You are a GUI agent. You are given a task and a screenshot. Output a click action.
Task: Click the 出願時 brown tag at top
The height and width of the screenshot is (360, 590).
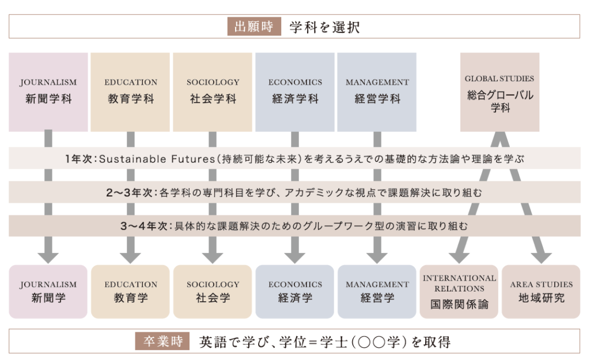tap(254, 26)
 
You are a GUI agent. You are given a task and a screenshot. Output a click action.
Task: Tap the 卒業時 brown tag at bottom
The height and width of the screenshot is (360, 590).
tap(162, 341)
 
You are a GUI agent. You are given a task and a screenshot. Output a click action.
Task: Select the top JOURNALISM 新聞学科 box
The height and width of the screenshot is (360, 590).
tap(48, 92)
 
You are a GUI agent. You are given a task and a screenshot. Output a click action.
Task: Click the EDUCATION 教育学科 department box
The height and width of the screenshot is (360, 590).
tap(130, 92)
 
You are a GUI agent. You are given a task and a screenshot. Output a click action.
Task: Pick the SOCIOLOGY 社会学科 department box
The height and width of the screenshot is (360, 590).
tap(213, 92)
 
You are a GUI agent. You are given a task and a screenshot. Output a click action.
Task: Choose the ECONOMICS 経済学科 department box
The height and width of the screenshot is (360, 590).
tap(295, 92)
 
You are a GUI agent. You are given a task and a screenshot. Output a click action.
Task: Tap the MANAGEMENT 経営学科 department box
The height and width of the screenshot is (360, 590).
tap(377, 92)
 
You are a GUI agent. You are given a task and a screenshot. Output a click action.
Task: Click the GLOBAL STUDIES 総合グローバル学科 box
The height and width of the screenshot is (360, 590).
tap(500, 92)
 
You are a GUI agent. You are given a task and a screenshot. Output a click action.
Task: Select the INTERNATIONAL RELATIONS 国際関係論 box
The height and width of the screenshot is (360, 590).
tap(459, 291)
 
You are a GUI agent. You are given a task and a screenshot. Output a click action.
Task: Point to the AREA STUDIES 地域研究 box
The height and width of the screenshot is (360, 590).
tap(541, 291)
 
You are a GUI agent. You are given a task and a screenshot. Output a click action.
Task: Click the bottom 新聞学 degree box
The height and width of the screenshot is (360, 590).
tap(48, 291)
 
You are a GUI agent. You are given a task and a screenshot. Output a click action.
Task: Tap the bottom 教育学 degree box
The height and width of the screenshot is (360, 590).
tap(130, 291)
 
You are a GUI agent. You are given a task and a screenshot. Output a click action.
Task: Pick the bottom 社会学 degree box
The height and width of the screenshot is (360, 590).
tap(213, 291)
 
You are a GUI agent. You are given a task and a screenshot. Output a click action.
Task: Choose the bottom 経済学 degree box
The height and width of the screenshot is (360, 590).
tap(295, 291)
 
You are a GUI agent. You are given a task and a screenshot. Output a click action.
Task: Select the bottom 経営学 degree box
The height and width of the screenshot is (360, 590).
tap(377, 291)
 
